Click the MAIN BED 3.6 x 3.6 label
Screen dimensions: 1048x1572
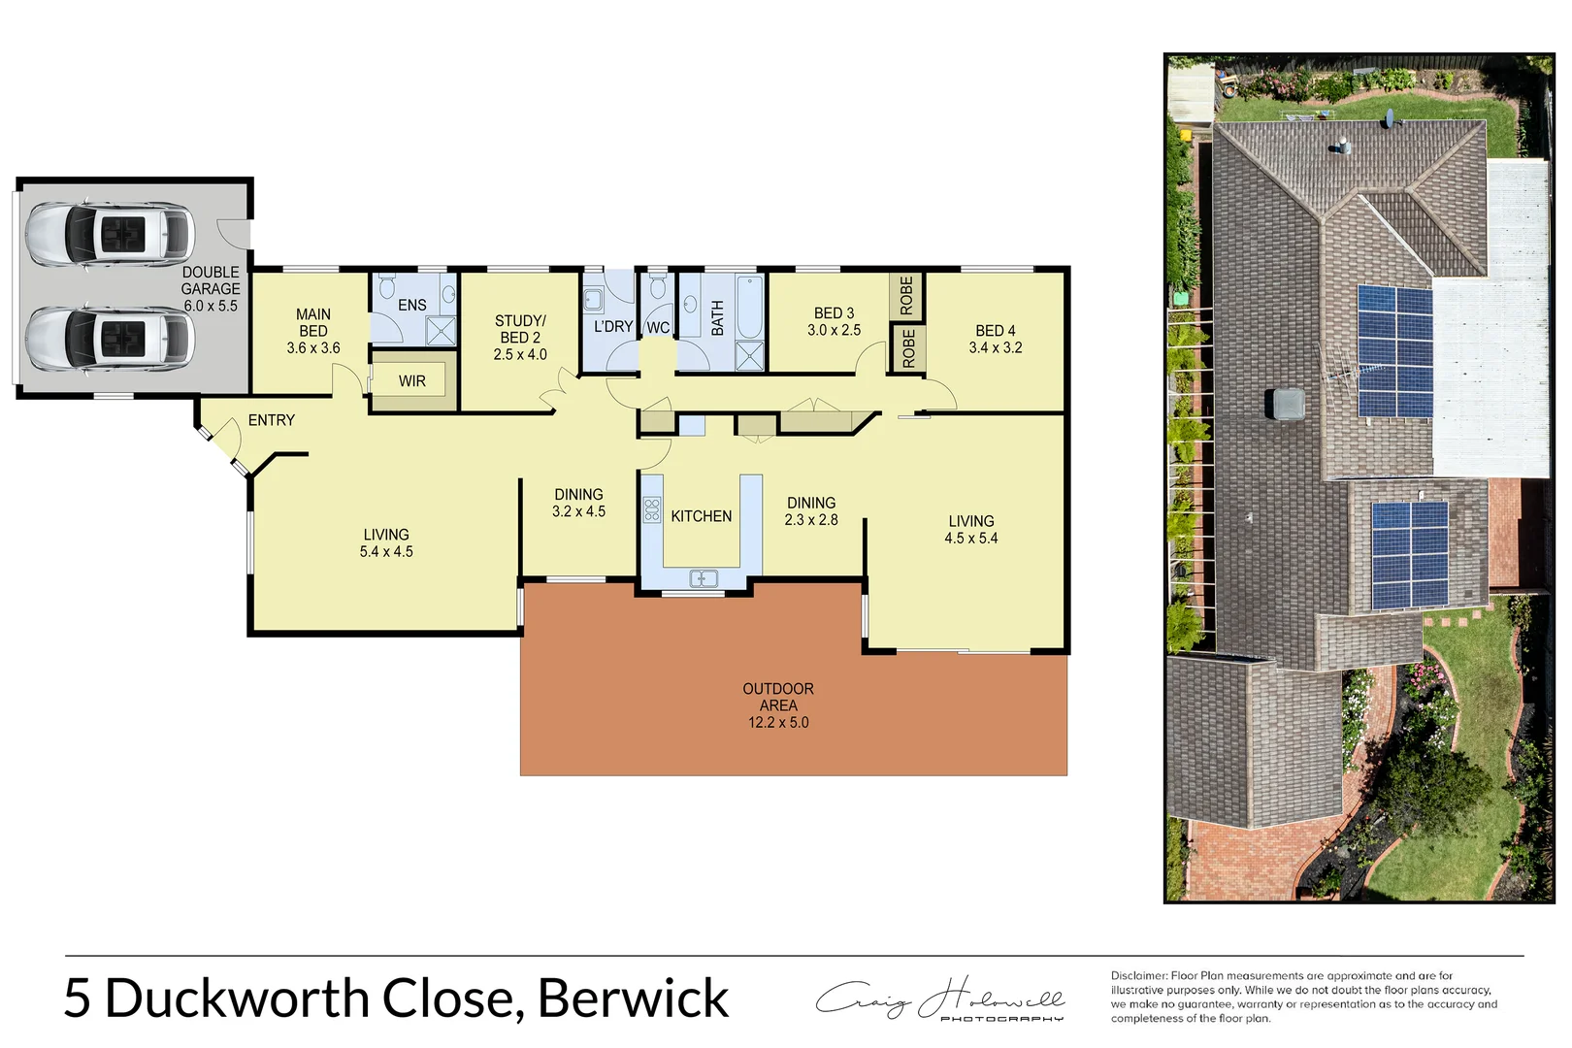(x=313, y=331)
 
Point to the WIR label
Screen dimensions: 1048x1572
(x=412, y=381)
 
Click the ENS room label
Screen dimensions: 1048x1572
(x=412, y=305)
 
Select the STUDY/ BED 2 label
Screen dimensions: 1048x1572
(x=520, y=337)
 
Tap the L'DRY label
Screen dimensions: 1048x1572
(x=612, y=327)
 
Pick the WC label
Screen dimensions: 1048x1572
(x=658, y=328)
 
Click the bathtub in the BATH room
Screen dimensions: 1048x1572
(x=749, y=307)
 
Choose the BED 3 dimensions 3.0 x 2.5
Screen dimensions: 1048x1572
(x=834, y=330)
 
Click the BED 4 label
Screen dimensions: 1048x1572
(x=996, y=331)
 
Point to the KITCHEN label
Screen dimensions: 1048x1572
(x=701, y=516)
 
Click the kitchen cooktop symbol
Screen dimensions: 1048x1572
(x=652, y=510)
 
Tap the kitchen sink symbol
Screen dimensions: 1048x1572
(x=704, y=579)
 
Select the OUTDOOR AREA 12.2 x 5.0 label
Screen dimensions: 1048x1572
(x=778, y=705)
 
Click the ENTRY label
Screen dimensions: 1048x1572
(x=271, y=420)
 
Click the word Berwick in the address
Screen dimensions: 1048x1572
(x=633, y=999)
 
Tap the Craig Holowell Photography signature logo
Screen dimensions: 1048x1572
(x=940, y=999)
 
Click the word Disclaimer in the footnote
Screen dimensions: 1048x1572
(x=1138, y=976)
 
